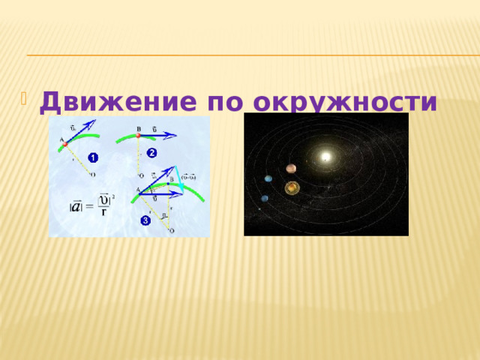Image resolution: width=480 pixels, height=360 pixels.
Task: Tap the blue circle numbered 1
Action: click(x=91, y=157)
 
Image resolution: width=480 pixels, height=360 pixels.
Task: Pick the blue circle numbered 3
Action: click(x=145, y=220)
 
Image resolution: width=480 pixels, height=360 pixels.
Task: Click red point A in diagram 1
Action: click(x=65, y=143)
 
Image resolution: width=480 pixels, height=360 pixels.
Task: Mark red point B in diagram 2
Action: click(x=138, y=136)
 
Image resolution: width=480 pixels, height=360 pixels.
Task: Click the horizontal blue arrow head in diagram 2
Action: click(x=173, y=136)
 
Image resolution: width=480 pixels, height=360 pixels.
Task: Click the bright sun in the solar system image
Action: click(x=325, y=155)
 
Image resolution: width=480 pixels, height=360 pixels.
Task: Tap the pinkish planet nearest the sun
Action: click(x=291, y=169)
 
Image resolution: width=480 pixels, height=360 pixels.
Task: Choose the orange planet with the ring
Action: click(x=292, y=186)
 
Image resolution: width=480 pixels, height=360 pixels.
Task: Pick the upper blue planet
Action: click(x=268, y=178)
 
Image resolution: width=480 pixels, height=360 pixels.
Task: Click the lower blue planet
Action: click(x=265, y=198)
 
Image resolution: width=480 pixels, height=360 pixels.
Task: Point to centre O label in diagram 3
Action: click(x=172, y=232)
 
